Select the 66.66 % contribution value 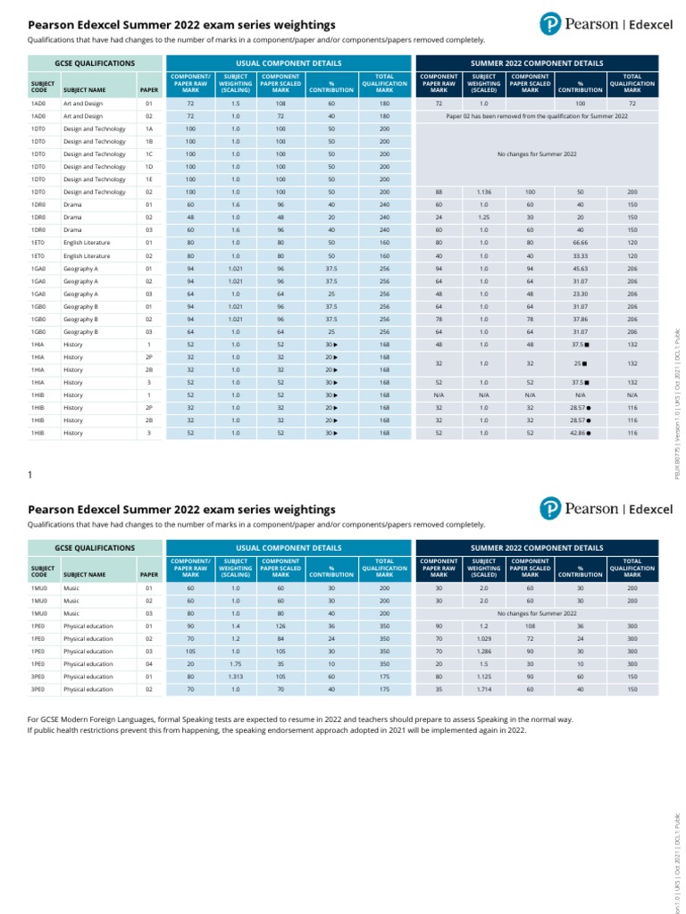(x=580, y=242)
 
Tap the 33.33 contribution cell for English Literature (x=580, y=255)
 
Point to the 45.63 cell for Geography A (x=580, y=268)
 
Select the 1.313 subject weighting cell (x=235, y=677)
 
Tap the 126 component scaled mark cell (x=280, y=627)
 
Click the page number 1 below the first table (x=31, y=475)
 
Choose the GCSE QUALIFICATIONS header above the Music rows (x=95, y=547)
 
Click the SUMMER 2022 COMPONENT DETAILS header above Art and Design (x=537, y=63)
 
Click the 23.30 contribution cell (x=580, y=293)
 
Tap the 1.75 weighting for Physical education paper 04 (x=235, y=664)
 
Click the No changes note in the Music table (x=537, y=614)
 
